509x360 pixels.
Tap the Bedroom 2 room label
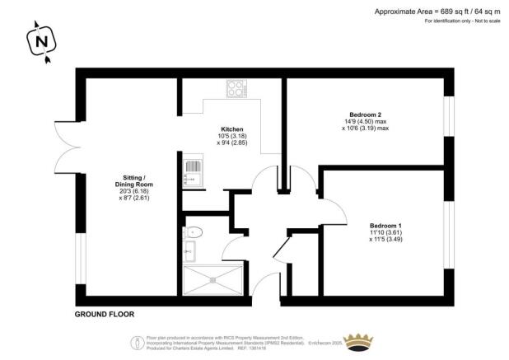click(x=364, y=114)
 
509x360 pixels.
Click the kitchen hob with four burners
click(x=237, y=89)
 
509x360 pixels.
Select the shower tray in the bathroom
click(x=212, y=280)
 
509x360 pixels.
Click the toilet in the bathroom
click(x=190, y=231)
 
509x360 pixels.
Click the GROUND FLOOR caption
click(x=104, y=314)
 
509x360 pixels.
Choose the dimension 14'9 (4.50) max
click(x=365, y=121)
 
